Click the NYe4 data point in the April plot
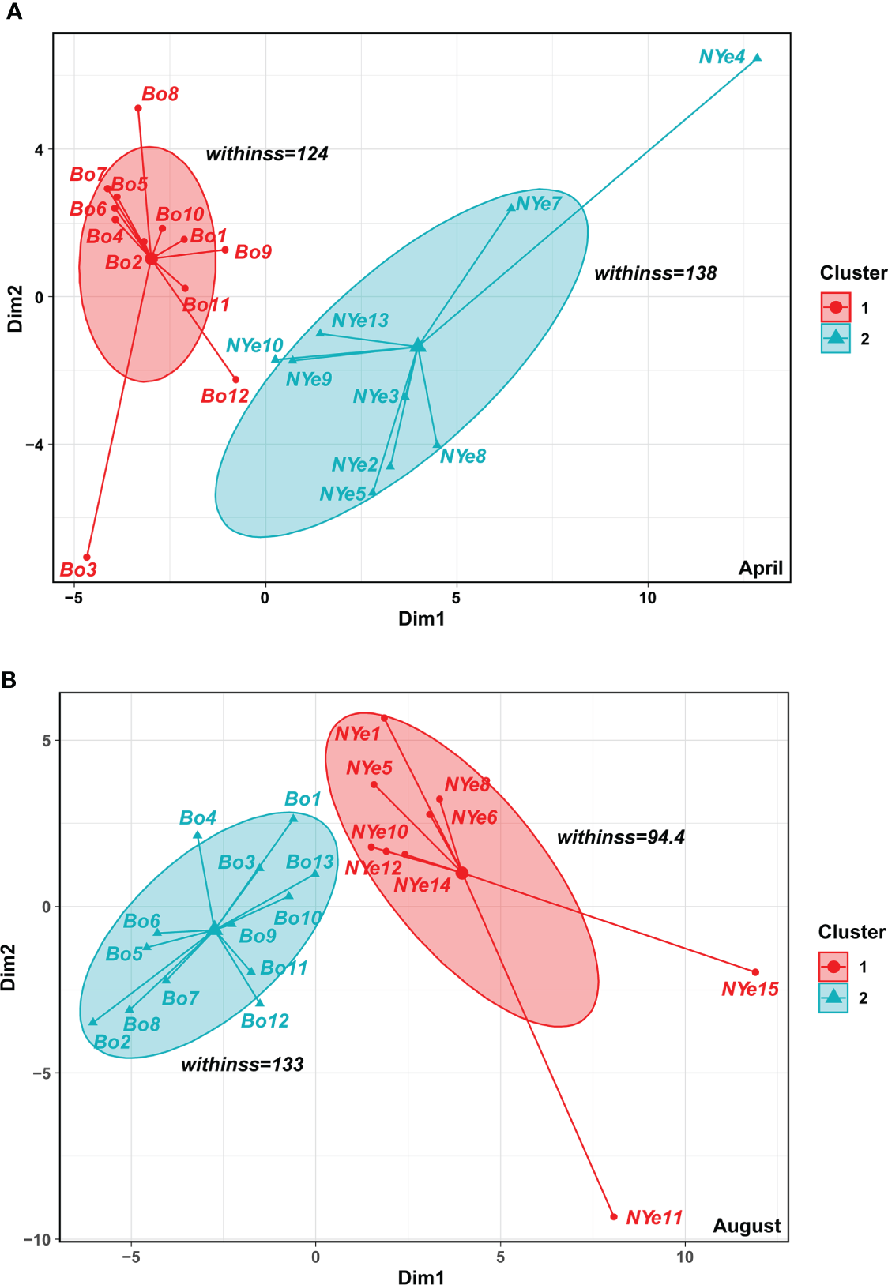tap(757, 58)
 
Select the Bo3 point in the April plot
tap(87, 558)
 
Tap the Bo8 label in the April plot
tap(160, 94)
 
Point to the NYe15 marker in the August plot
tap(755, 972)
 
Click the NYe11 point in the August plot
tap(614, 1217)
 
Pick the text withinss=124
tap(267, 154)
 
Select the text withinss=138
tap(656, 273)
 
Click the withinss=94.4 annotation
tap(621, 837)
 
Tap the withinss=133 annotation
tap(243, 1065)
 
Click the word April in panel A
tap(760, 568)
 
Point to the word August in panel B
tap(747, 1226)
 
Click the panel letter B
tap(9, 680)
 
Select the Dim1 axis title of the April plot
tap(421, 618)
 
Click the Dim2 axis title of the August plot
tap(9, 967)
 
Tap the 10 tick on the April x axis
tap(647, 598)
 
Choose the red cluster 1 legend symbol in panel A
tap(836, 307)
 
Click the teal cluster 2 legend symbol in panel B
tap(833, 998)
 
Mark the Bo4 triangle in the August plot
tap(198, 835)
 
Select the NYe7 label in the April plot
tap(539, 204)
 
